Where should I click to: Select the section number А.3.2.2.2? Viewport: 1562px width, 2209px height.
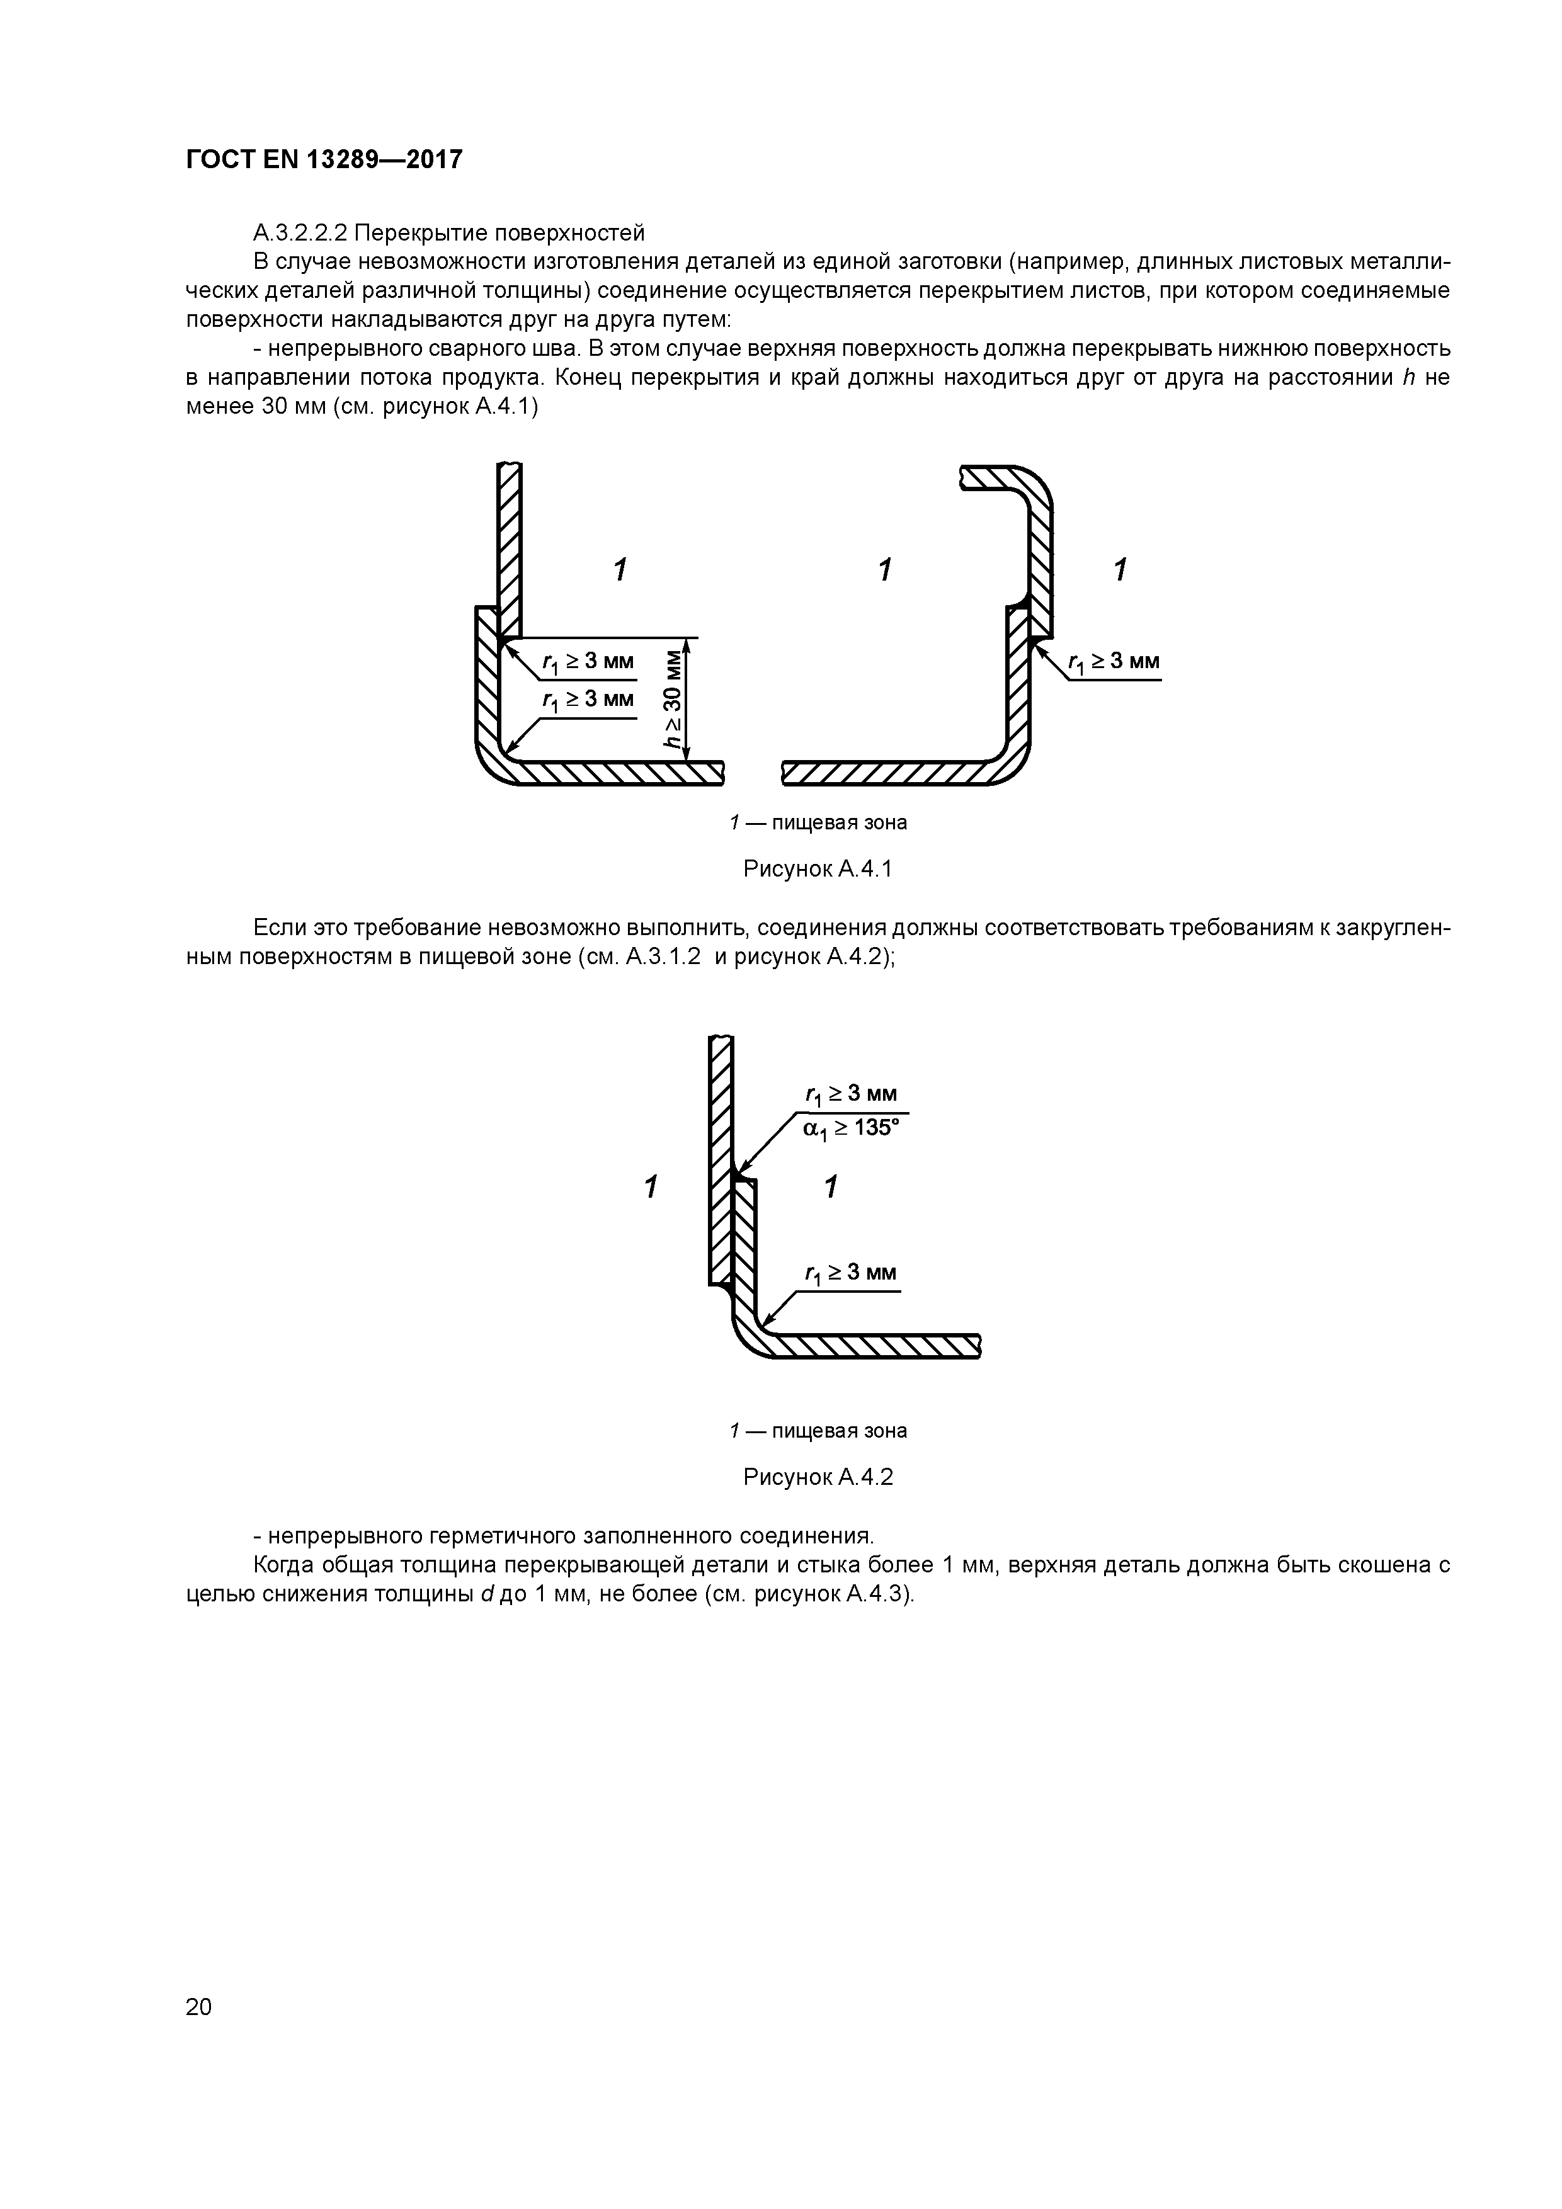coord(300,233)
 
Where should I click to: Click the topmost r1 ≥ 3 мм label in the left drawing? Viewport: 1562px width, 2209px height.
coord(587,662)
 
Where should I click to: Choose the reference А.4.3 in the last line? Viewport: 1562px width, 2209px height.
coord(876,1594)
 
